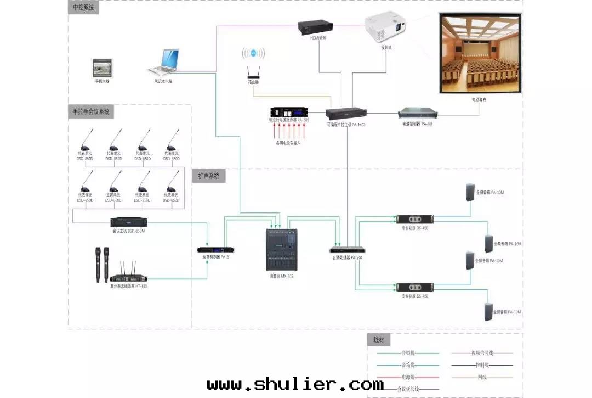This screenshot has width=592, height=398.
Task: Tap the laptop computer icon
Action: (x=165, y=63)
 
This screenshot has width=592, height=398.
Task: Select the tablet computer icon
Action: (x=102, y=68)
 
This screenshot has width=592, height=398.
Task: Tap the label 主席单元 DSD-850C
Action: (x=113, y=198)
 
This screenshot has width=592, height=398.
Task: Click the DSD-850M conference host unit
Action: (x=129, y=222)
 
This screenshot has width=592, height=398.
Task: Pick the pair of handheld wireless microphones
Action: (x=102, y=264)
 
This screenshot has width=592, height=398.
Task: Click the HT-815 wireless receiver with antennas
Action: (x=128, y=274)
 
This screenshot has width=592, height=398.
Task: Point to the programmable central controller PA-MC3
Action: (x=346, y=114)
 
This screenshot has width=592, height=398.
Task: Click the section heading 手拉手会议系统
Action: (x=91, y=111)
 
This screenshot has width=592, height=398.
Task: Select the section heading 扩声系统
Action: (x=209, y=176)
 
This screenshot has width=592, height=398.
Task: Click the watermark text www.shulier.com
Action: (x=295, y=384)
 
